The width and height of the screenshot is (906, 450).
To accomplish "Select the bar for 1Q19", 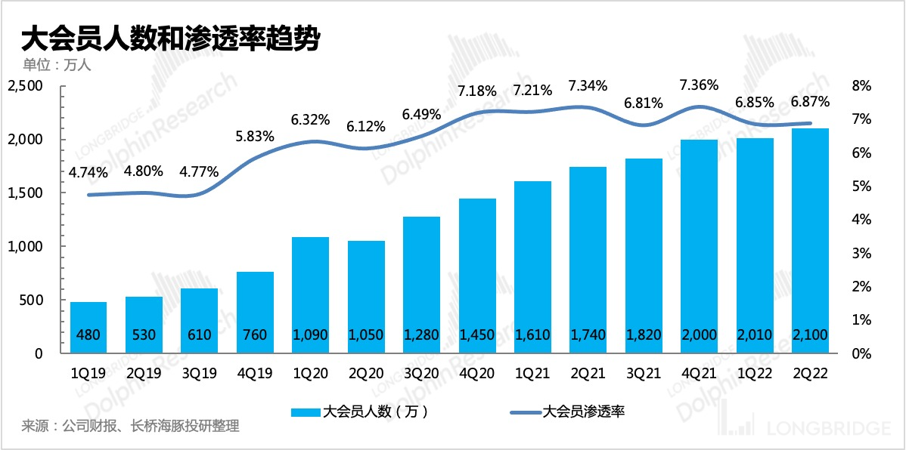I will [88, 326].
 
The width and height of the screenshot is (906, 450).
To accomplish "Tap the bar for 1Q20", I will [310, 294].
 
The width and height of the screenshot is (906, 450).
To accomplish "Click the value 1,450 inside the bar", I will [476, 334].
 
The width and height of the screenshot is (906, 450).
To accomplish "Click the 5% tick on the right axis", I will [861, 186].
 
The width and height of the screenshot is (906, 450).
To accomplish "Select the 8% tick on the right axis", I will [861, 87].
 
